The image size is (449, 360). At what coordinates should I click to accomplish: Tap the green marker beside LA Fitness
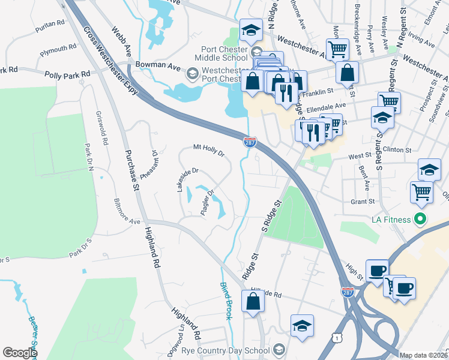420,220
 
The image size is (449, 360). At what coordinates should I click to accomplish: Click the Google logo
20,353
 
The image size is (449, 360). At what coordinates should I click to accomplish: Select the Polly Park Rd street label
67,74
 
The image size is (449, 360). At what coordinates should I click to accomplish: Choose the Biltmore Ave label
127,211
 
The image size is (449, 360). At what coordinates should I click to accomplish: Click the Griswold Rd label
101,128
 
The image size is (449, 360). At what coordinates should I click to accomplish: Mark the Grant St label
363,202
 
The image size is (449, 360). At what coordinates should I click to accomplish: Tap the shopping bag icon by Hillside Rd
253,301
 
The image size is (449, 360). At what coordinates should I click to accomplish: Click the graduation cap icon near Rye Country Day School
302,326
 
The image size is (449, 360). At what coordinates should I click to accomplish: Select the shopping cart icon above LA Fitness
421,192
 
